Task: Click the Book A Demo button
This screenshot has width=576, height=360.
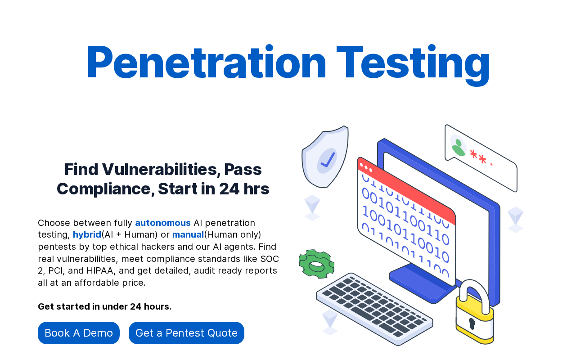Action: tap(79, 333)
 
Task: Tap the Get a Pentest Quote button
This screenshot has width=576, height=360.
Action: tap(186, 333)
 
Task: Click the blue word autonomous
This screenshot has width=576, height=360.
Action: tap(163, 223)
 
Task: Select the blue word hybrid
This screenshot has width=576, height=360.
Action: tap(87, 235)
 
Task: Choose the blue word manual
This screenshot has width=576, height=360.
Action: tap(188, 234)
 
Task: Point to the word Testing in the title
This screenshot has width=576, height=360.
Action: tap(413, 65)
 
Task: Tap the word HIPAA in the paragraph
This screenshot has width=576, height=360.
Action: tap(100, 270)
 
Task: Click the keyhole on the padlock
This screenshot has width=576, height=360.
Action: tap(472, 323)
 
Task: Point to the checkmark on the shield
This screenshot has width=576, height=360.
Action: tap(328, 160)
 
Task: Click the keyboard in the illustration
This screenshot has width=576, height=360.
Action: tap(374, 309)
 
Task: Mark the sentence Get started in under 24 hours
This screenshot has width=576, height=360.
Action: tap(104, 306)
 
